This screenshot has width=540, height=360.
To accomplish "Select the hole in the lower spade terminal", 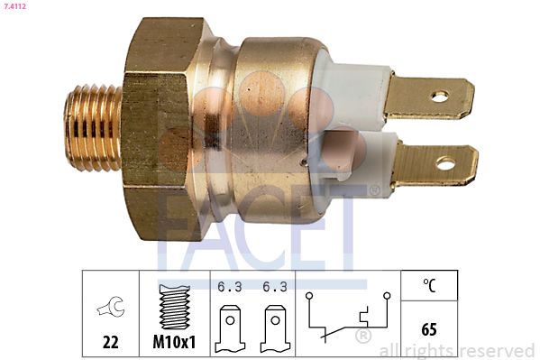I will coord(444,164).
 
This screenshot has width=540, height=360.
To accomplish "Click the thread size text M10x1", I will coord(174,343).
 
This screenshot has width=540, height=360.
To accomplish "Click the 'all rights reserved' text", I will coord(457,350).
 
